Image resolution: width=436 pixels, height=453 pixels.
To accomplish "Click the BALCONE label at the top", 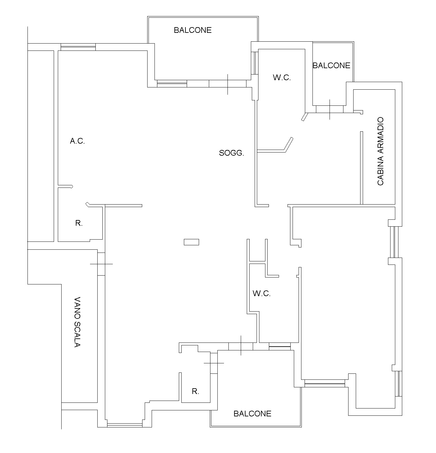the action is [x=192, y=30].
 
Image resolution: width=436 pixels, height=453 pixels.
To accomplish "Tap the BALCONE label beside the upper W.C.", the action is [x=331, y=65].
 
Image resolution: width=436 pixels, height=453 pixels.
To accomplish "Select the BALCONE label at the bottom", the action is [x=252, y=414].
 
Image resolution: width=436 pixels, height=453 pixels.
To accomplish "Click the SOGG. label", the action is [x=231, y=153].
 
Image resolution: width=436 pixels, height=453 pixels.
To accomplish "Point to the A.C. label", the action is [x=77, y=141].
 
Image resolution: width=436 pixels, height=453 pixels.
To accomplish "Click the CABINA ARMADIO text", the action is [x=380, y=151].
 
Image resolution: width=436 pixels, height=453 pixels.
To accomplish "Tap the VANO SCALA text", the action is [x=77, y=322].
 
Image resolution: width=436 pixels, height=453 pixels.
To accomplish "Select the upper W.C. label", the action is [x=282, y=78].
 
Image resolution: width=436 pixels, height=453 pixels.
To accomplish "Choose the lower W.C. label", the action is [x=262, y=293].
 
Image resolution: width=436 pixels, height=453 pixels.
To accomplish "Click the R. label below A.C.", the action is [x=79, y=223].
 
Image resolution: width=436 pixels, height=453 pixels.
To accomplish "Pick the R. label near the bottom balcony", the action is [x=195, y=391].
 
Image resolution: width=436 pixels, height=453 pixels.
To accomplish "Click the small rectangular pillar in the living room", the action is [x=191, y=242].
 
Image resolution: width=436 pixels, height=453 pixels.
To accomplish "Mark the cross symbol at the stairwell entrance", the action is [x=101, y=264].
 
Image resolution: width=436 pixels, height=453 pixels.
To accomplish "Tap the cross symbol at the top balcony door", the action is [x=228, y=84].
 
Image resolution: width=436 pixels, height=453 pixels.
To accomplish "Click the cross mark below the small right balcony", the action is [x=330, y=110].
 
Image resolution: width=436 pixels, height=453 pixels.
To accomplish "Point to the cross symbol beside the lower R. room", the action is [x=214, y=363].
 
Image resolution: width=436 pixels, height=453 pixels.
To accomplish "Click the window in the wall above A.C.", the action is [x=78, y=47].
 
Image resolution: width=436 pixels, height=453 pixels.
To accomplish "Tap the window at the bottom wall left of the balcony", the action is [x=125, y=425].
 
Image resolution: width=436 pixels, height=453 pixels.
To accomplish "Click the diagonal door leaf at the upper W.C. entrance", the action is [x=305, y=117].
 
